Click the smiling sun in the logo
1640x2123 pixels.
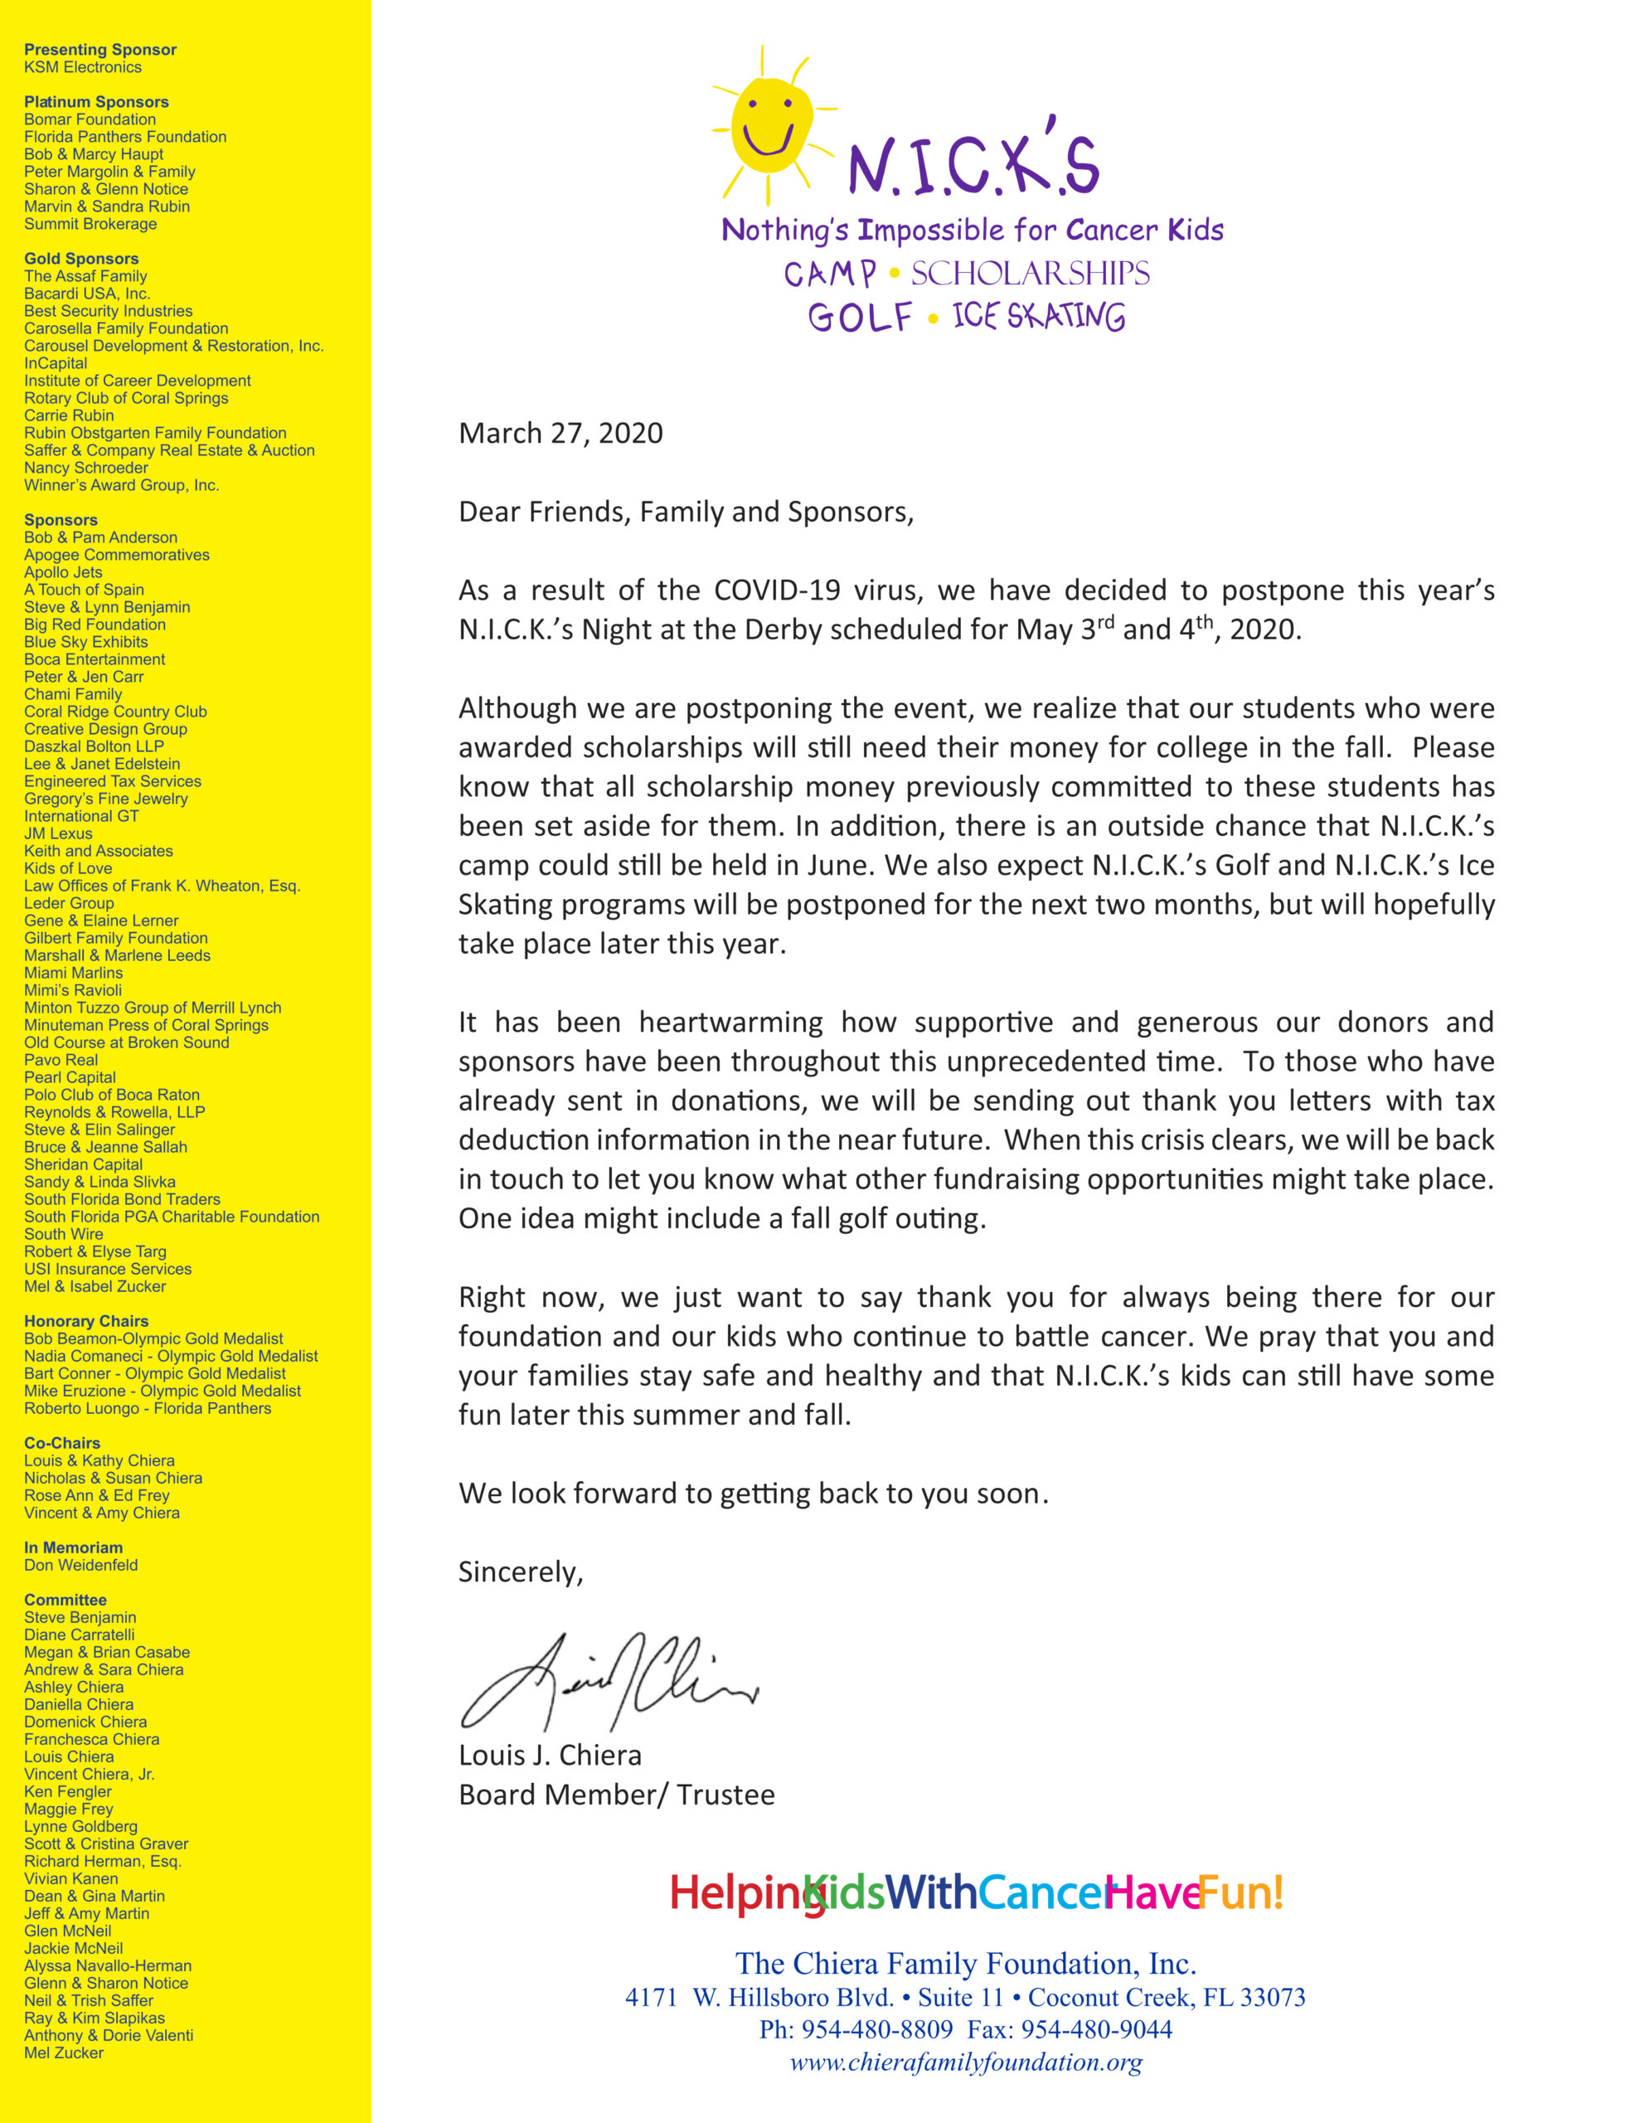click(x=771, y=124)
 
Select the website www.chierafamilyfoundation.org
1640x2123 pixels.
click(x=965, y=2062)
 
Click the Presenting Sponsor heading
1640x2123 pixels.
click(x=100, y=50)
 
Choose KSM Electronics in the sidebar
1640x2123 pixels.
click(x=83, y=67)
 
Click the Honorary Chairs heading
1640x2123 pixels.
click(x=86, y=1321)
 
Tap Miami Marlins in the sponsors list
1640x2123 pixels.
click(x=73, y=973)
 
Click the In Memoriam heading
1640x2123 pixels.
click(x=73, y=1547)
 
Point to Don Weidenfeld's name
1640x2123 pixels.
click(x=80, y=1565)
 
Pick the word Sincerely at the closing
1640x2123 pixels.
click(x=520, y=1572)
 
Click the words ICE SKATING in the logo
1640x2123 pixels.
click(x=1038, y=317)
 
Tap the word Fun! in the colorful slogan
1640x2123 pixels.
click(x=1240, y=1892)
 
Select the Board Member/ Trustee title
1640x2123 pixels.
click(x=616, y=1795)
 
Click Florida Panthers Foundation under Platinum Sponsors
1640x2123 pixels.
click(x=125, y=137)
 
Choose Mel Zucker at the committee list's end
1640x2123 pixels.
click(x=63, y=2053)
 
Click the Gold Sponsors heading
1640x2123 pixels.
click(x=81, y=259)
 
